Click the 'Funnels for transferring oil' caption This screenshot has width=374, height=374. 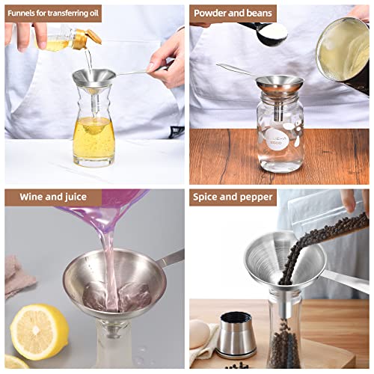[53, 13]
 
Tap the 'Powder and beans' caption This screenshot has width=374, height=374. [233, 13]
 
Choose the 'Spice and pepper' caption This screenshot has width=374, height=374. [233, 197]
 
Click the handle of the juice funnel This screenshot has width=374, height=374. [171, 259]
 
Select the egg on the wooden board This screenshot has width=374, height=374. [199, 334]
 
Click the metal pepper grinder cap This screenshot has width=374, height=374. [238, 334]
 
